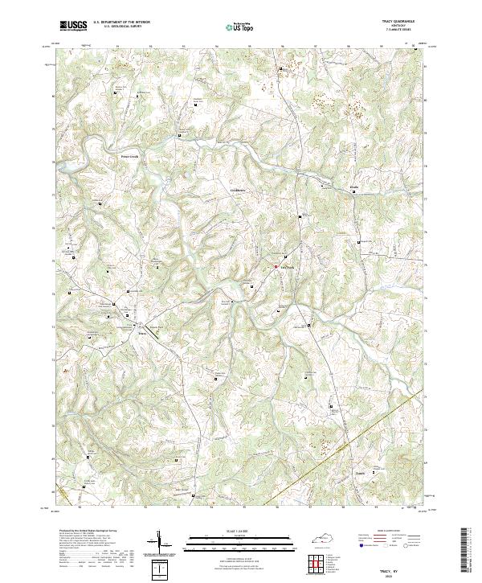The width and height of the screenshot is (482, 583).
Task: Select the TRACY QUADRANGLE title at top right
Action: coord(402,22)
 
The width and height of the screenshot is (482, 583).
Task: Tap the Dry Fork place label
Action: coord(287,268)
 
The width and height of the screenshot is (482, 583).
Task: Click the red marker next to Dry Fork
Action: coord(276,267)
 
